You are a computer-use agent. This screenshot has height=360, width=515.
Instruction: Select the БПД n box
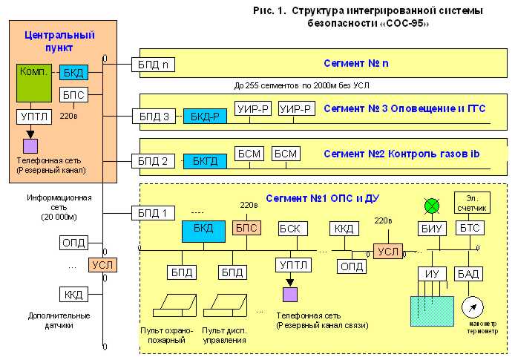pyautogui.click(x=154, y=65)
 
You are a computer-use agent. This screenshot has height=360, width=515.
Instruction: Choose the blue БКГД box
pyautogui.click(x=206, y=160)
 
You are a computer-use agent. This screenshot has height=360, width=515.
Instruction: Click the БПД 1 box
pyautogui.click(x=154, y=213)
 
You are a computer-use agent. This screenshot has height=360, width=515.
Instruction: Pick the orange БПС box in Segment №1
pyautogui.click(x=248, y=228)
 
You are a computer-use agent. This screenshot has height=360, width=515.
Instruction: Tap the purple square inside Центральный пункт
pyautogui.click(x=30, y=145)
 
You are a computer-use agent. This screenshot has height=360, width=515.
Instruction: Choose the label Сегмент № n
pyautogui.click(x=356, y=64)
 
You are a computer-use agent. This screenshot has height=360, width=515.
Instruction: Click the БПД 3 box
pyautogui.click(x=154, y=117)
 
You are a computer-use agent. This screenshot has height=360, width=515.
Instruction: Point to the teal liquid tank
pyautogui.click(x=431, y=311)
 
